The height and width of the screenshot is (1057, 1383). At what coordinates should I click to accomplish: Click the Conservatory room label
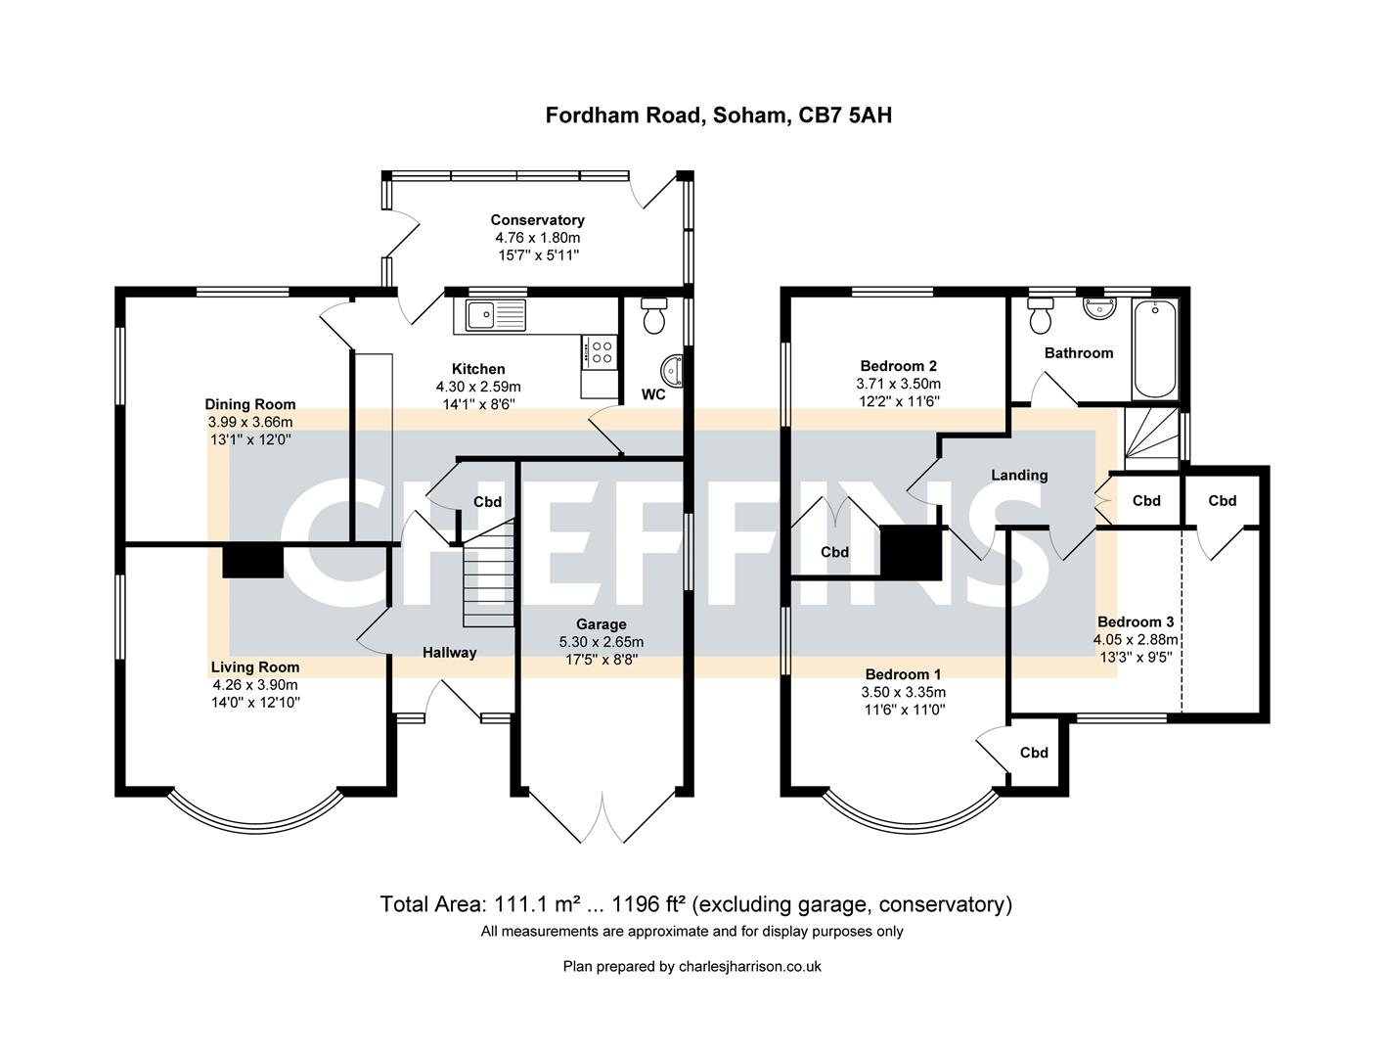tap(537, 220)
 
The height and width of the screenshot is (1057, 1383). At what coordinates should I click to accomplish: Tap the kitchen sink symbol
tap(495, 315)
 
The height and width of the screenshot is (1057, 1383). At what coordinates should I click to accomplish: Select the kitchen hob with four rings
tap(600, 350)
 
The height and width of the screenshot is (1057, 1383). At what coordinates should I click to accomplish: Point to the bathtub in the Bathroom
tap(1155, 348)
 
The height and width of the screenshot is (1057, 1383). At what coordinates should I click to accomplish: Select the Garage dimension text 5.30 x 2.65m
tap(601, 642)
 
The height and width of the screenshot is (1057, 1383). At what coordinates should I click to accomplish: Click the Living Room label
tap(255, 667)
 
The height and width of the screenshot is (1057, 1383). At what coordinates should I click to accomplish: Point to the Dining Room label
tap(249, 404)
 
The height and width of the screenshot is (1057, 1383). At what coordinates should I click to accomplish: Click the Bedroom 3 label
tap(1135, 621)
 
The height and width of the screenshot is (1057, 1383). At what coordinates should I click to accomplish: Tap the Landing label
tap(1019, 475)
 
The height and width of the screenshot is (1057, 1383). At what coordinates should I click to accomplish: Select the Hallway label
tap(449, 652)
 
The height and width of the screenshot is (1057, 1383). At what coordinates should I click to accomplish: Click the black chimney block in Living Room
tap(252, 562)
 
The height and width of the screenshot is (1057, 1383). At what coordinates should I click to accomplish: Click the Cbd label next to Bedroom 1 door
tap(1034, 753)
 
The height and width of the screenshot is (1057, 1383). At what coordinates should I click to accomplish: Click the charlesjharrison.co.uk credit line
tap(691, 966)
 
